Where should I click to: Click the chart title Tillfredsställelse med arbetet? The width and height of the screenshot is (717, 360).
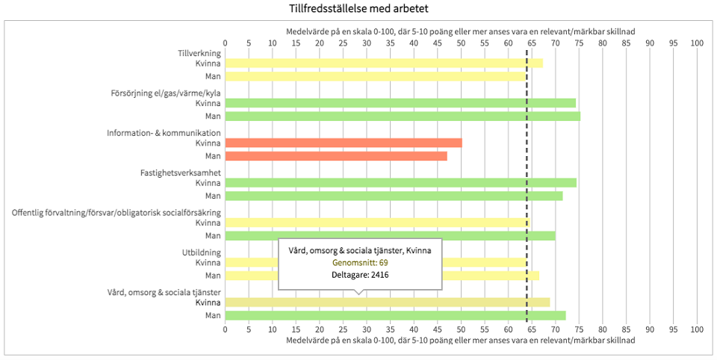[358, 9]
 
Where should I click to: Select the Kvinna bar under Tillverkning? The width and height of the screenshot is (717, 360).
[383, 63]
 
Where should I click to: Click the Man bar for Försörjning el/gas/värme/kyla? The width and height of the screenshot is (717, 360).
[402, 116]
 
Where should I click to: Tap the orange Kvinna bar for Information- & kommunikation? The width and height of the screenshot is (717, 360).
[343, 143]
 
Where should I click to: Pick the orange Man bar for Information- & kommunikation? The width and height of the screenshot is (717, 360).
[335, 156]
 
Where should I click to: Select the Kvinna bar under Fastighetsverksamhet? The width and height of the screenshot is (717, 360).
[400, 182]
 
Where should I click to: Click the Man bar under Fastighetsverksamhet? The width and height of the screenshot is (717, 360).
[393, 196]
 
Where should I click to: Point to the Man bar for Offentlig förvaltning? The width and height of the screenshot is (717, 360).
[390, 235]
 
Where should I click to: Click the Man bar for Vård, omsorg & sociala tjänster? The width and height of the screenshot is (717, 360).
[394, 315]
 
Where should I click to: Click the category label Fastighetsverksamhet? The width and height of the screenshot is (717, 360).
[181, 173]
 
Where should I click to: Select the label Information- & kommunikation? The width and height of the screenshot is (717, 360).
[164, 132]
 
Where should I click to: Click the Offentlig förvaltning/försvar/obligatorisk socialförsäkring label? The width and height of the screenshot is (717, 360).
[116, 212]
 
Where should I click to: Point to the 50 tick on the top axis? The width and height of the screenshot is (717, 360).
[461, 43]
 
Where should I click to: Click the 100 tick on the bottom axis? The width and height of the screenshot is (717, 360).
[697, 328]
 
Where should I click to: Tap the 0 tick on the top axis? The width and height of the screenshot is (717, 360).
[225, 43]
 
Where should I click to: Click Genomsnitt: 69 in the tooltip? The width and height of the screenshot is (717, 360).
[360, 262]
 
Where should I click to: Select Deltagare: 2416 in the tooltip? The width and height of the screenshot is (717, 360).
[360, 275]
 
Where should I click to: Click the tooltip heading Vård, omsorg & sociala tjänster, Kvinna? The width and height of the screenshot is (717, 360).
[360, 249]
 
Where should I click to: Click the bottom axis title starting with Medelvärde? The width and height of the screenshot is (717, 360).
[461, 340]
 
